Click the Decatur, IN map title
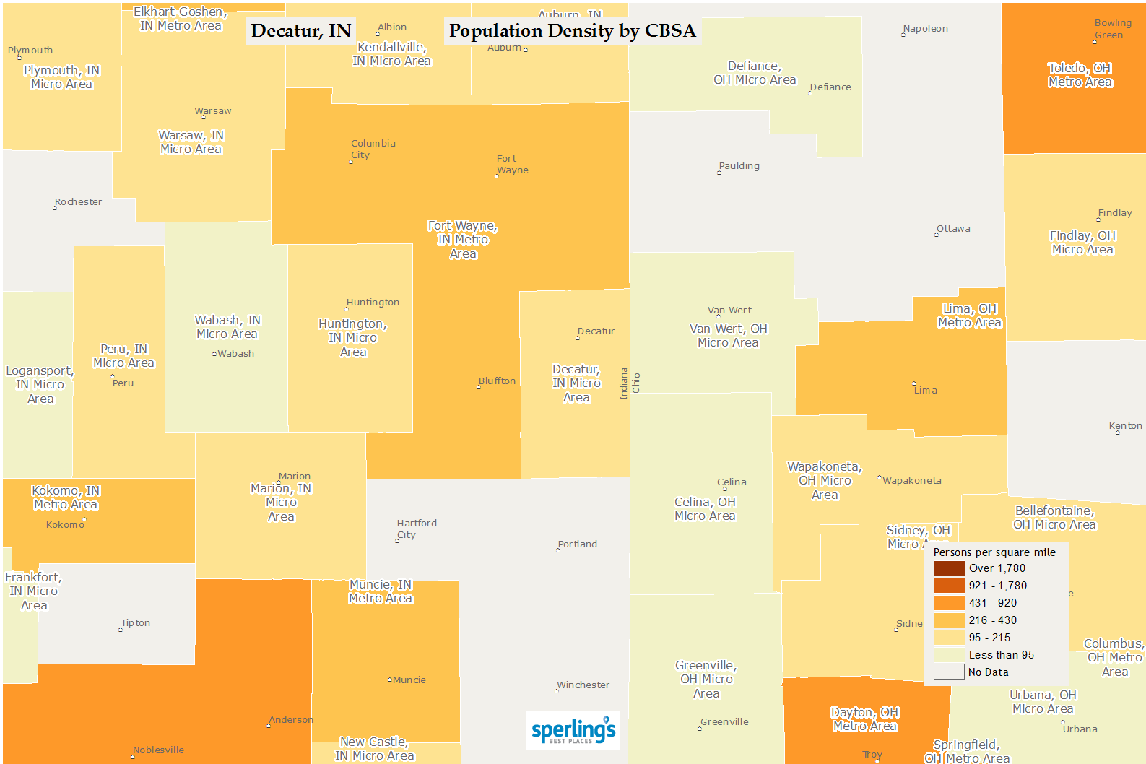point(300,31)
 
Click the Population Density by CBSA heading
point(572,31)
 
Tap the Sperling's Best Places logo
point(573,731)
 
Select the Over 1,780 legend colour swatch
point(949,568)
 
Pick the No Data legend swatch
point(949,672)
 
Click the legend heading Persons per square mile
point(994,552)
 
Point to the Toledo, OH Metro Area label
point(1080,75)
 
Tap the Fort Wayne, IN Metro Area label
point(463,240)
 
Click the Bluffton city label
point(497,381)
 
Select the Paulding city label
point(739,166)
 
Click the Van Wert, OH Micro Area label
point(728,336)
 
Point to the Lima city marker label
point(925,391)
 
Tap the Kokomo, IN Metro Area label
point(66,498)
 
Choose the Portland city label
point(578,544)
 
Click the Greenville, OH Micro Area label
point(706,680)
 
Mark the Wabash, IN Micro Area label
point(227,327)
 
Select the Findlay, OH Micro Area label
point(1082,243)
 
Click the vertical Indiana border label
point(624,383)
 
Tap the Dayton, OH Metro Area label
point(864,719)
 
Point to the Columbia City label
point(372,149)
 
